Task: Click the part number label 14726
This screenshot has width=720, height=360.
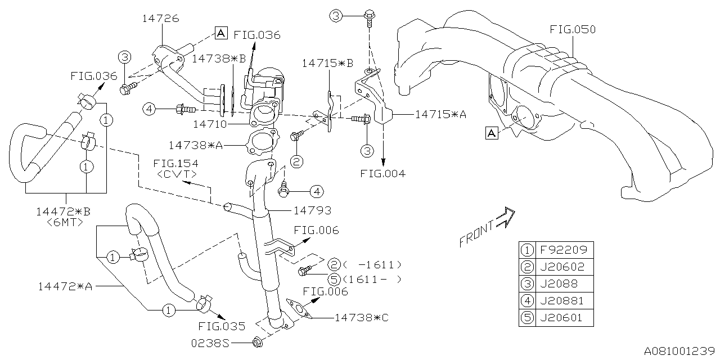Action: (160, 19)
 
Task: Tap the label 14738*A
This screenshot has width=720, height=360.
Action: (196, 145)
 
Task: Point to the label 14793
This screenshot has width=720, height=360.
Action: (312, 210)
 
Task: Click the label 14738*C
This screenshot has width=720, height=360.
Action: (361, 317)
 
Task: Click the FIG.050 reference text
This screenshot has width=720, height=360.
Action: (573, 29)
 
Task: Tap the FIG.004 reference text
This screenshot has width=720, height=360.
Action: (382, 174)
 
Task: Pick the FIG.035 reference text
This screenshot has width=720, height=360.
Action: (222, 326)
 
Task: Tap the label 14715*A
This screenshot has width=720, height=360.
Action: (440, 114)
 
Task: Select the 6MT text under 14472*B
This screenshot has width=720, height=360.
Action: (65, 222)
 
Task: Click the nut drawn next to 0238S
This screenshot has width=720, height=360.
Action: (258, 341)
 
